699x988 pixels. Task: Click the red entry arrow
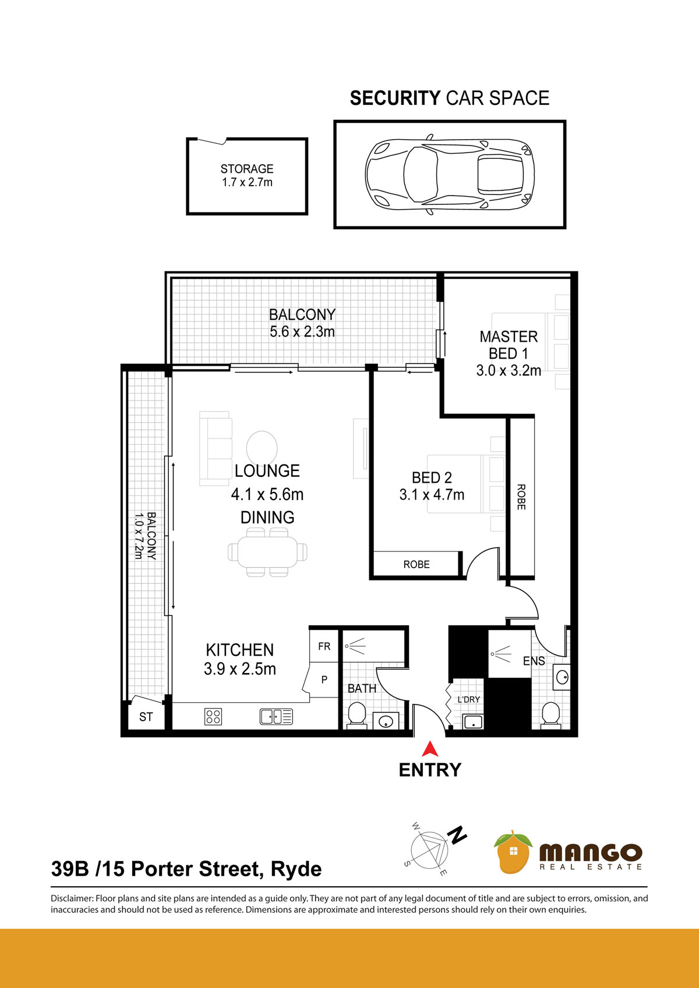pos(430,749)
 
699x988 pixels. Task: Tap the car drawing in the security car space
pos(450,175)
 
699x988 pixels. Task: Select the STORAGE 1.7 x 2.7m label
pos(246,175)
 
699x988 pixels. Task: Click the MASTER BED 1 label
pos(509,345)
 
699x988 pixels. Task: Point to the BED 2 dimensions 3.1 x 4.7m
pos(432,494)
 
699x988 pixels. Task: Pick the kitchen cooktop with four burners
pos(213,717)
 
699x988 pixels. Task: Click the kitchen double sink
pos(276,717)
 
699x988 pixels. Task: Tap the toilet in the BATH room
pos(357,714)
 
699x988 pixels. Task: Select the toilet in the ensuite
pos(550,715)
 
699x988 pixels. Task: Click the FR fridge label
pos(324,646)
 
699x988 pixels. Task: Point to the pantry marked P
pos(324,679)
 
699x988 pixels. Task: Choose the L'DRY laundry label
pos(469,699)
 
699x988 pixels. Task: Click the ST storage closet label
pos(146,717)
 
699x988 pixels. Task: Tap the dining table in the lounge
pos(267,552)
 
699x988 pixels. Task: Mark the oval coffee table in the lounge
pos(262,448)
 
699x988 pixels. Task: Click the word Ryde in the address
pos(296,869)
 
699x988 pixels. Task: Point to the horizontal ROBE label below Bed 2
pos(416,565)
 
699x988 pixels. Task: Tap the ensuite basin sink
pos(562,677)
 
